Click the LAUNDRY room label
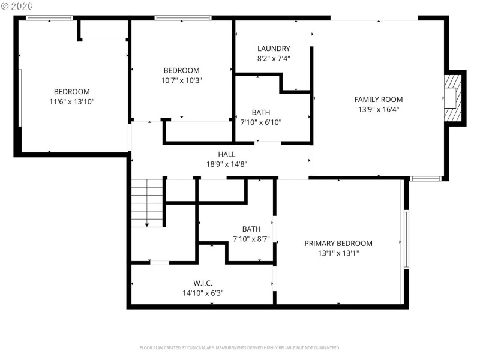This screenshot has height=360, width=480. point(274,49)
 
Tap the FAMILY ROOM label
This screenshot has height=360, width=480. point(378,100)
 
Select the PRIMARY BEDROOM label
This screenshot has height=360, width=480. point(338,243)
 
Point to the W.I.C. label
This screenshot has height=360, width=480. point(202,283)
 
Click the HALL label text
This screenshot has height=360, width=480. point(226,154)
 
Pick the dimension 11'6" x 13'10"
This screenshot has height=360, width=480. point(71,101)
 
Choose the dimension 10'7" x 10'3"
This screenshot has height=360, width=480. point(181,80)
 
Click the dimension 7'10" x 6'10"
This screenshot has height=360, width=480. point(260,122)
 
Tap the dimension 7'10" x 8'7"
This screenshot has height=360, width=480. point(251,239)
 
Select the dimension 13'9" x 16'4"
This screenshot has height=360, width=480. point(378,110)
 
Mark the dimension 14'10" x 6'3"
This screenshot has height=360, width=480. point(203,293)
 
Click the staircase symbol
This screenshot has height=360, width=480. point(147,203)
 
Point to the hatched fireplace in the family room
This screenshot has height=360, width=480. point(454,98)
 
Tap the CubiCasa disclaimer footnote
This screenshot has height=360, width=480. point(239,348)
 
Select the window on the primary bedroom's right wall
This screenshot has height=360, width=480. point(406,239)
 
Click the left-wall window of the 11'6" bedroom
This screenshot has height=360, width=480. point(20,98)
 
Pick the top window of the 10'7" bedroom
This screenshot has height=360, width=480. point(182,18)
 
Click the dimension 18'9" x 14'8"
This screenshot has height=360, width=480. point(226,164)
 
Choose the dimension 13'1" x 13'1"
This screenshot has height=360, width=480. point(338,253)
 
